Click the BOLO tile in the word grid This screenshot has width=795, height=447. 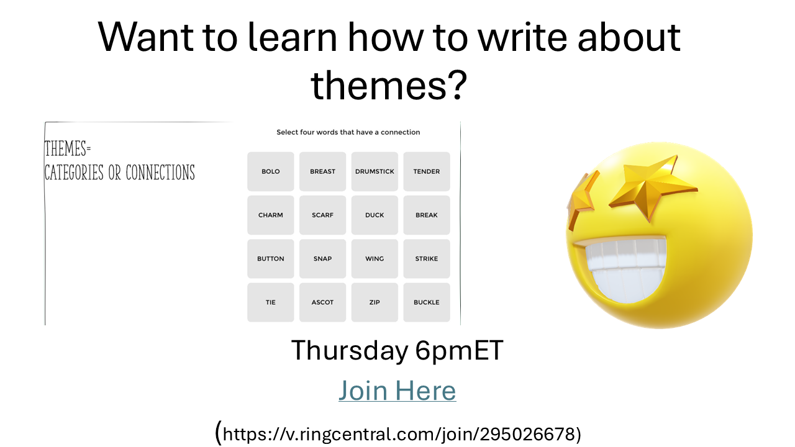(x=270, y=171)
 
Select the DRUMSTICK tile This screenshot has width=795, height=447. (x=375, y=171)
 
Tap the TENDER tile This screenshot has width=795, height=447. (x=427, y=171)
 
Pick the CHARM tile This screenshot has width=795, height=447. (x=270, y=215)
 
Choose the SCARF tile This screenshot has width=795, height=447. (x=322, y=215)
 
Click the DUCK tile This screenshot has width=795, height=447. (x=375, y=215)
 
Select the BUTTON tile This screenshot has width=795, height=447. (x=270, y=259)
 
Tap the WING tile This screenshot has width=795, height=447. (x=375, y=259)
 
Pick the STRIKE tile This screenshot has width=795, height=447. (x=427, y=259)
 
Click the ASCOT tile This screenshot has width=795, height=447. (x=322, y=302)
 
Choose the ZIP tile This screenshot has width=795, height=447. (x=375, y=302)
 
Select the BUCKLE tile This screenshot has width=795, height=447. (x=427, y=302)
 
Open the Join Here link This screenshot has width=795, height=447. (x=397, y=391)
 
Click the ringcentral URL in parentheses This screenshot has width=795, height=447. (x=398, y=434)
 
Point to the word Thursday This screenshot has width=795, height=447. (x=350, y=351)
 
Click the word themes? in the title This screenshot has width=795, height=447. (x=389, y=86)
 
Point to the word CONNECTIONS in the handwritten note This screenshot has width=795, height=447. (x=160, y=173)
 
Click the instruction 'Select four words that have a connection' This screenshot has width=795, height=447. (x=348, y=132)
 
